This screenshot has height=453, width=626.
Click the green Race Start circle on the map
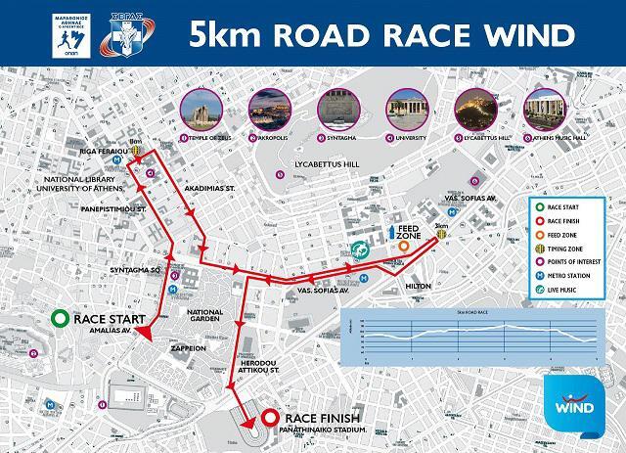(x=59, y=319)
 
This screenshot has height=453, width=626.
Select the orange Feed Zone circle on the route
(x=404, y=248)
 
